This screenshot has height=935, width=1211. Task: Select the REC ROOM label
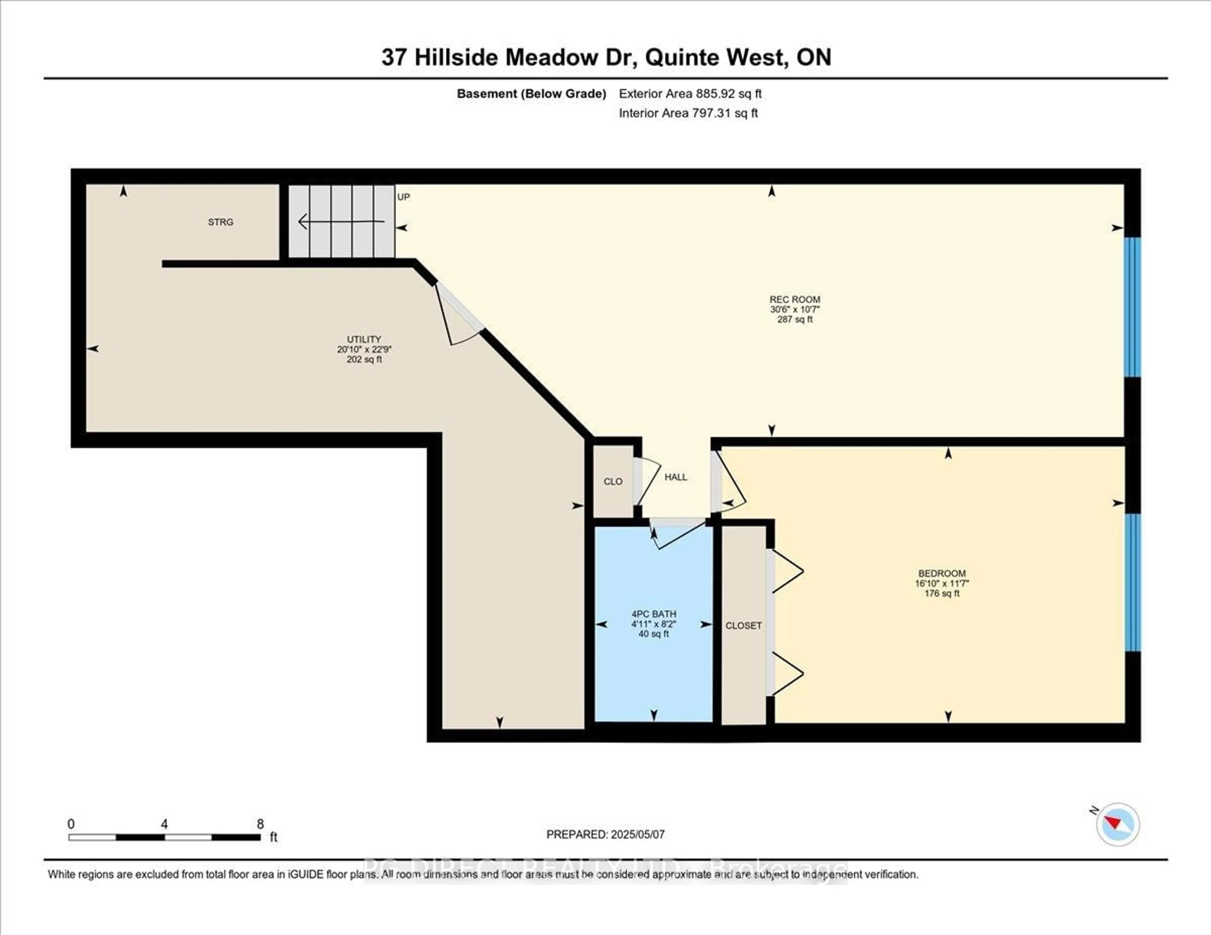pos(795,299)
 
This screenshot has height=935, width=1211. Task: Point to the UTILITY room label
pos(364,339)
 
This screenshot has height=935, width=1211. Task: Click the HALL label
pos(676,477)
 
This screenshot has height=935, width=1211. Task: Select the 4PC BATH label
pos(654,614)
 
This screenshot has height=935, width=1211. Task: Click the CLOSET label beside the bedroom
pos(744,626)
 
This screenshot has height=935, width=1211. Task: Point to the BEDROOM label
pos(941,574)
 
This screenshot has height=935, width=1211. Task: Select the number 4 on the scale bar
pos(164,824)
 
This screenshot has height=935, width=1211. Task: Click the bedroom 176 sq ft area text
pos(941,594)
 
